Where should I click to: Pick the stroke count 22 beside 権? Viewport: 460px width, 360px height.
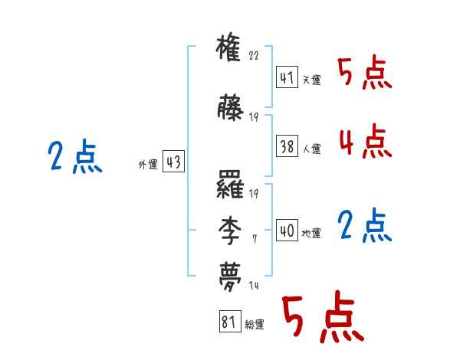[255, 55]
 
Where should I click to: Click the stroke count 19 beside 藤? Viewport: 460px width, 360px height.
[255, 117]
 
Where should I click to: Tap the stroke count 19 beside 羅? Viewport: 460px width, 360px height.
[255, 193]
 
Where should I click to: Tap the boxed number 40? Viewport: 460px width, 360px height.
[286, 231]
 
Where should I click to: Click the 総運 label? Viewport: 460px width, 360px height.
[255, 325]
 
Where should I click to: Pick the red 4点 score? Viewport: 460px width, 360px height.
[364, 141]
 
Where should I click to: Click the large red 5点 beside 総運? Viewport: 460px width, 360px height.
[322, 318]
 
